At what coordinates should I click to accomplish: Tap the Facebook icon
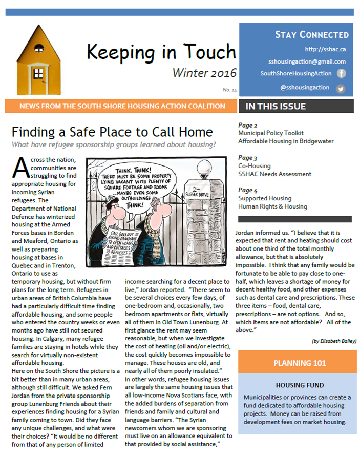tap(341, 73)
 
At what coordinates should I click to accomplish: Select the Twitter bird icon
tap(341, 88)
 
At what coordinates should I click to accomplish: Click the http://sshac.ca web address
tap(325, 49)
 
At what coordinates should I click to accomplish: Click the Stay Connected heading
tap(311, 35)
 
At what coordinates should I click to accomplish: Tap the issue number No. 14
tap(229, 90)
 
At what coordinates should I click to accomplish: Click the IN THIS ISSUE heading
tap(276, 107)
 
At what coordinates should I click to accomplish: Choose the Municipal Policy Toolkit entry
tap(270, 133)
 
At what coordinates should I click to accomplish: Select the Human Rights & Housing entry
tap(272, 206)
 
